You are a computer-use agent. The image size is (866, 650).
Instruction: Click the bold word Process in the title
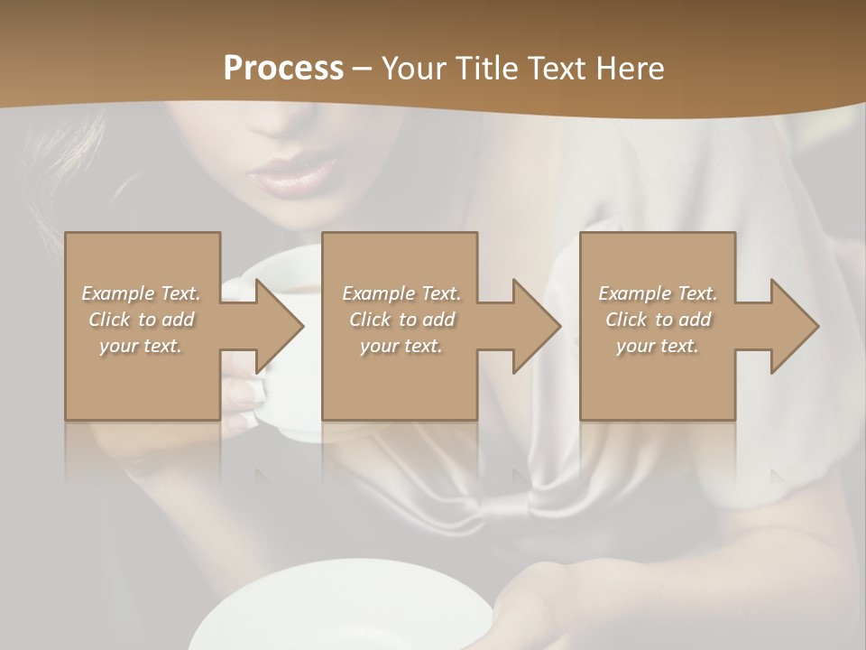[x=283, y=69]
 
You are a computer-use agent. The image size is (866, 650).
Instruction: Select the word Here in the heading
[x=631, y=69]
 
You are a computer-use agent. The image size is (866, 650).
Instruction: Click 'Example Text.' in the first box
[x=142, y=293]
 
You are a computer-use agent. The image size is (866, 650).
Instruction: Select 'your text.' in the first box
[x=142, y=346]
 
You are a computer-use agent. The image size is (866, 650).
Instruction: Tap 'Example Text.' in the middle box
[x=401, y=293]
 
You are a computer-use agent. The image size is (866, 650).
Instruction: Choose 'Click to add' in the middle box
[x=401, y=320]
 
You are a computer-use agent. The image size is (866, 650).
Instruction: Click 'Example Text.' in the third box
[x=658, y=293]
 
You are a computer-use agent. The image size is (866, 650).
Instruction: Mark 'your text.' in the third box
[x=658, y=346]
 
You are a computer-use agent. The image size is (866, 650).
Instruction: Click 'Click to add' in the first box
[x=142, y=320]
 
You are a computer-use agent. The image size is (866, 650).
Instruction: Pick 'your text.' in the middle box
[x=401, y=346]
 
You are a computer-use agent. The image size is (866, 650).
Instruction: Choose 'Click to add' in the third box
[x=658, y=320]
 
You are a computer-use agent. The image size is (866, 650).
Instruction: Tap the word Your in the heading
[x=414, y=69]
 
